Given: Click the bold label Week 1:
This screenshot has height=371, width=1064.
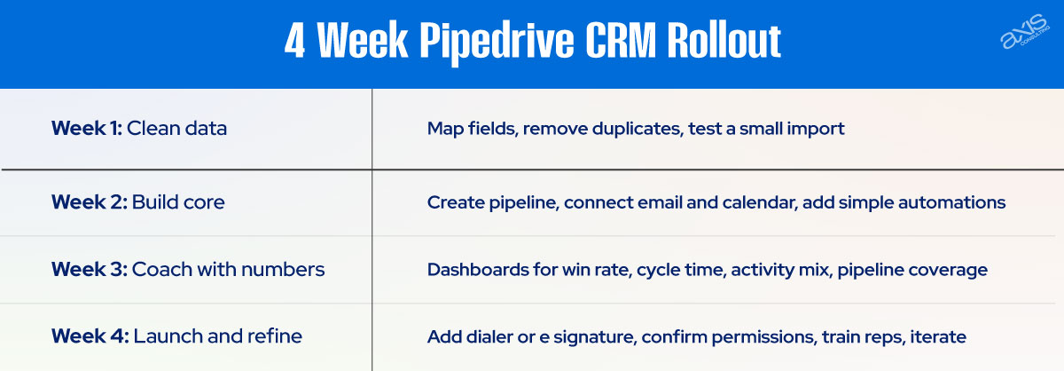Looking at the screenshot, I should (87, 128).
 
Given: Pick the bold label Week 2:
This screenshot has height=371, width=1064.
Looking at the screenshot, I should (89, 201).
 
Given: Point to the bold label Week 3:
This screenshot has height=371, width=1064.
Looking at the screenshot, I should (89, 269).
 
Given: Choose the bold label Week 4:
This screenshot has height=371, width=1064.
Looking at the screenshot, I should (90, 336).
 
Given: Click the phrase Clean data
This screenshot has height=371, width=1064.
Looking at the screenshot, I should (177, 128).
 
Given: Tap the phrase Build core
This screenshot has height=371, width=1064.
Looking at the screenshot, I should (178, 201).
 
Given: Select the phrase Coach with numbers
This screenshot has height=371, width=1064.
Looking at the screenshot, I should (228, 269).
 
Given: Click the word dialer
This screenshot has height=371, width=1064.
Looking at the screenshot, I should (488, 337).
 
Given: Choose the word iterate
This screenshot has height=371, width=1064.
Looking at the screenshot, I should (936, 337).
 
